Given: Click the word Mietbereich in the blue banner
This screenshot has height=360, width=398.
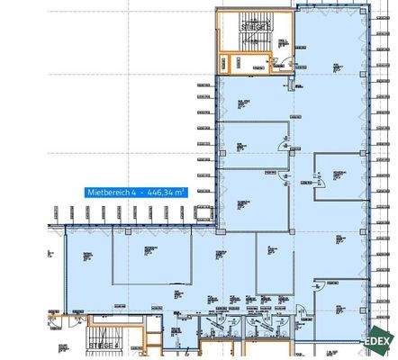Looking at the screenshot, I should [x=104, y=192].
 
